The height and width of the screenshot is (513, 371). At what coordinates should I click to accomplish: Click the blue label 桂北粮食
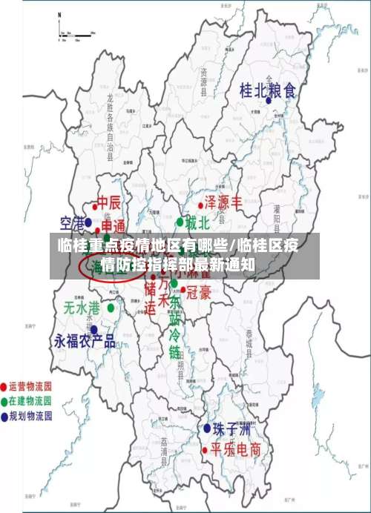(268, 91)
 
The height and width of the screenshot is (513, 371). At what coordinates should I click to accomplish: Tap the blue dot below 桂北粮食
(268, 100)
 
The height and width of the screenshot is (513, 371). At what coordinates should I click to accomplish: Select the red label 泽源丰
(223, 202)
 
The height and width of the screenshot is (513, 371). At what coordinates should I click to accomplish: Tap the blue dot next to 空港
(88, 222)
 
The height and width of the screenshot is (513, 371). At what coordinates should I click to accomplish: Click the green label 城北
(197, 222)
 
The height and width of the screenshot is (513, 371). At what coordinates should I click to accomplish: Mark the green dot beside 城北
(180, 222)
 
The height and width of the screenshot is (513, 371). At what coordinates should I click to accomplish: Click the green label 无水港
(82, 307)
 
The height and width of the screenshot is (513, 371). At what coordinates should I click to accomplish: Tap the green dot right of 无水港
(111, 307)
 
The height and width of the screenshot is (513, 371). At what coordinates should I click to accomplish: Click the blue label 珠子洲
(232, 429)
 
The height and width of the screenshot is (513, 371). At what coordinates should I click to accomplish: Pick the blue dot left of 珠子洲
(208, 428)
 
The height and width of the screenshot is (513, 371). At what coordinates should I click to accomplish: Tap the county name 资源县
(203, 79)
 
